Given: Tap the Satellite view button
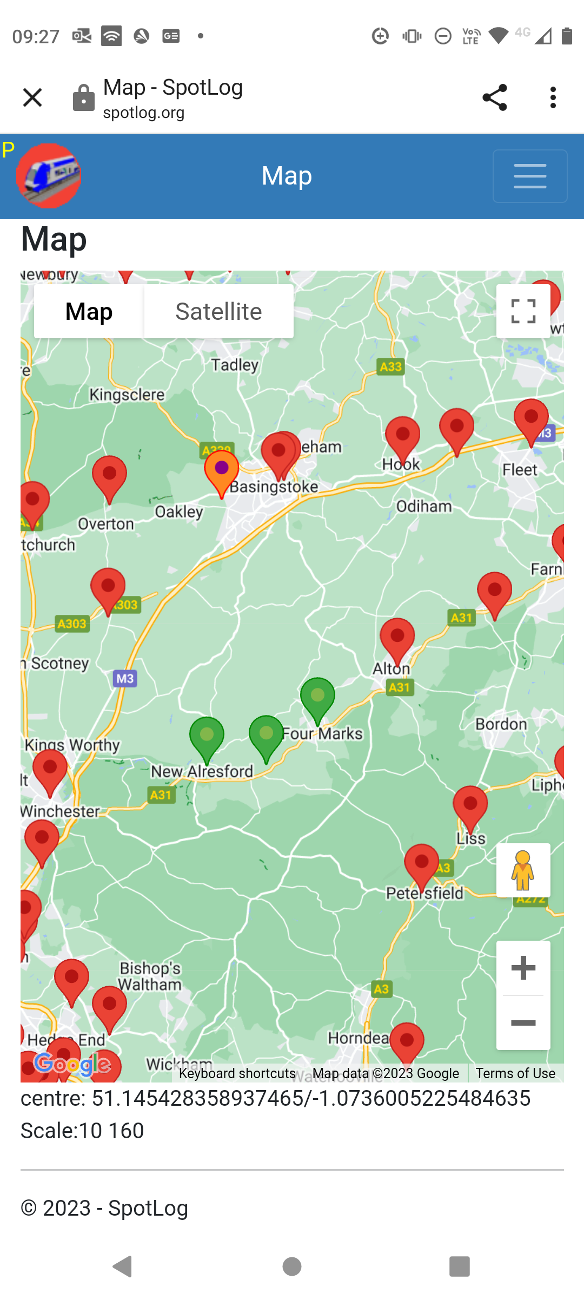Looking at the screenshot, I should [218, 312].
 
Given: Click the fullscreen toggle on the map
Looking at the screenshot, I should [523, 312].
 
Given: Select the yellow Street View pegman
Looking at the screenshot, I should [523, 870].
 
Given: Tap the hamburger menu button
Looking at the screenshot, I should [530, 176].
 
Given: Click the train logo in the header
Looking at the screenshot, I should [49, 176].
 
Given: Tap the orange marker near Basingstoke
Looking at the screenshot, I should [221, 470].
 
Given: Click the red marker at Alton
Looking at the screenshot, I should [397, 638].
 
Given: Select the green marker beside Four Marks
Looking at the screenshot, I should [317, 698].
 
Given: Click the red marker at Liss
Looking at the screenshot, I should [470, 806].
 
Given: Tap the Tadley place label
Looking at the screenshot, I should [235, 365].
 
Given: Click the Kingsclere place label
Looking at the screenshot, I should [127, 395].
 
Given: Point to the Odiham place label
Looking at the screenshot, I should [424, 507].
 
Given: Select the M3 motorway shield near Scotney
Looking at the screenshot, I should [125, 679].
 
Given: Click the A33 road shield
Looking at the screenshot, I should [390, 367].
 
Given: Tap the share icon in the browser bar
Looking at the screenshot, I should [494, 97].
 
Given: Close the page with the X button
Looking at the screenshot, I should [32, 97].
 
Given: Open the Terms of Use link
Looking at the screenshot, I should [515, 1073].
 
